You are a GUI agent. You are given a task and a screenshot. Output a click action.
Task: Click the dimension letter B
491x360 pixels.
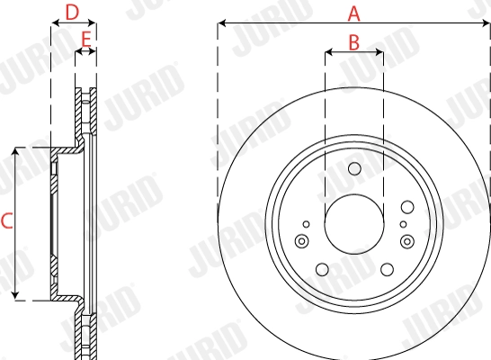click(x=353, y=41)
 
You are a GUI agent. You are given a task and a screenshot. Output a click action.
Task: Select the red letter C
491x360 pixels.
click(x=6, y=220)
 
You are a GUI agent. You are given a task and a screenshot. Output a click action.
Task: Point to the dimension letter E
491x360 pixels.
click(x=86, y=40)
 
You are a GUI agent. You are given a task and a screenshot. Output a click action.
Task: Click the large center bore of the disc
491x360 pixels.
click(x=353, y=225)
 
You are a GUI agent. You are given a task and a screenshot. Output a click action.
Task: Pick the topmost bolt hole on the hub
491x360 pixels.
click(x=353, y=168)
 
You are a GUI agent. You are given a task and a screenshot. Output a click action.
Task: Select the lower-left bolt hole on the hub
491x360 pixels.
click(x=321, y=268)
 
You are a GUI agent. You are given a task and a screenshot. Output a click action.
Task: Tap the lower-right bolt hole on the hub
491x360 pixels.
click(x=387, y=268)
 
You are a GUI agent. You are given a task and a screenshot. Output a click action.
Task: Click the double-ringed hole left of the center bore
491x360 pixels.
click(x=301, y=240)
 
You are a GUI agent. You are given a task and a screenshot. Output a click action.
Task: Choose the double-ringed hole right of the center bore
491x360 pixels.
click(x=407, y=240)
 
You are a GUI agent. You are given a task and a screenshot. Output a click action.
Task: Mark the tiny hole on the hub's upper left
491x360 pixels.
click(x=307, y=223)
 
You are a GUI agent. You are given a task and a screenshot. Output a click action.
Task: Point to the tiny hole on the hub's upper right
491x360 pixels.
click(x=402, y=223)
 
